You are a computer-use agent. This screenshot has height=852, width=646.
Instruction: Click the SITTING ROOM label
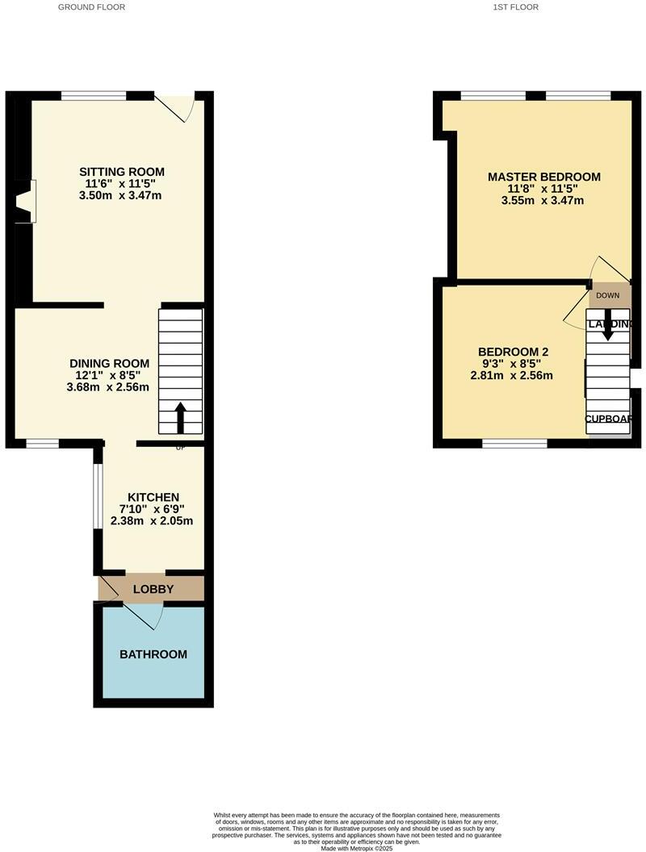122,172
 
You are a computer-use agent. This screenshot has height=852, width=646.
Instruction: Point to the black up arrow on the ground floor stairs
180,418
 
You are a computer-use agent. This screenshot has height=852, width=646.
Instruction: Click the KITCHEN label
153,497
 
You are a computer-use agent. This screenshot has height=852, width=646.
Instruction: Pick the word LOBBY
153,589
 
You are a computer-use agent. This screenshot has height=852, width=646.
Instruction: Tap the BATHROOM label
153,654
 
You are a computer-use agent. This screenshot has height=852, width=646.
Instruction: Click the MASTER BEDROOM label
544,177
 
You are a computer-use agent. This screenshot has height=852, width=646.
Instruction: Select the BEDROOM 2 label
514,352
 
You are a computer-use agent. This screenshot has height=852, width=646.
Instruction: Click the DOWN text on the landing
608,295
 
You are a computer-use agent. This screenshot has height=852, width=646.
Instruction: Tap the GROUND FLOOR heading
92,7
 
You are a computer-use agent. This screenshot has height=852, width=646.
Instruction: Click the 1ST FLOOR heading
515,7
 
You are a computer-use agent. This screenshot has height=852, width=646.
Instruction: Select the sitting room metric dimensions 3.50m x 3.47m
122,195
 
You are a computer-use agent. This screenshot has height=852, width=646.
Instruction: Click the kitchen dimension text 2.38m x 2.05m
153,520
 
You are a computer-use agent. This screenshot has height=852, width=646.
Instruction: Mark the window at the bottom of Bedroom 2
514,443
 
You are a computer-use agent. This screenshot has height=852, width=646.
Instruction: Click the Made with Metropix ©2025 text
356,848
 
